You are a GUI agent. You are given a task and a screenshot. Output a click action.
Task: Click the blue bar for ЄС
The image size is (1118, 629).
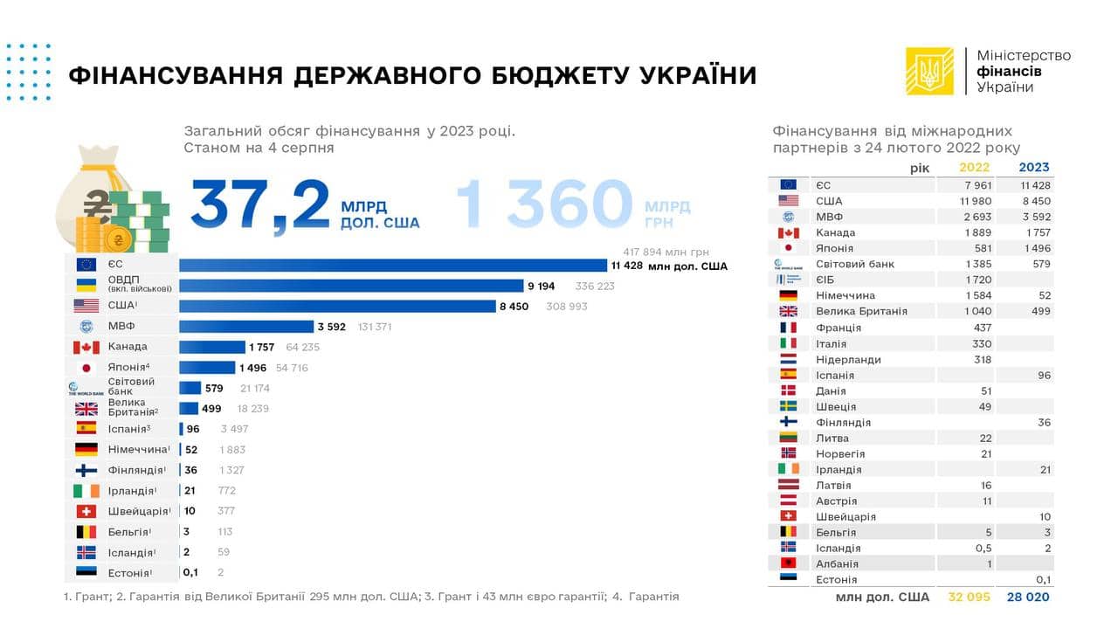point(393,266)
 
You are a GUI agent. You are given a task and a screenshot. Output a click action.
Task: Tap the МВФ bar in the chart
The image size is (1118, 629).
point(245,327)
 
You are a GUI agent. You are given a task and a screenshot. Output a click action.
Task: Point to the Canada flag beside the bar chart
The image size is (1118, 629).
point(86,348)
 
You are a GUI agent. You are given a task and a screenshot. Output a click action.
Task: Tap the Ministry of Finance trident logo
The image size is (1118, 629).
point(929,71)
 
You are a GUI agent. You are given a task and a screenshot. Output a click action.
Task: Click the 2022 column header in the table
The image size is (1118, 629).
point(974,167)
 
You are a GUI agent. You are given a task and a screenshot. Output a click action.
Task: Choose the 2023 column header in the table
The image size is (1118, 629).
point(1034,167)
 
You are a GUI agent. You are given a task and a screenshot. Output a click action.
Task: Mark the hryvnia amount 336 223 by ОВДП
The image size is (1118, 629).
point(594,286)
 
